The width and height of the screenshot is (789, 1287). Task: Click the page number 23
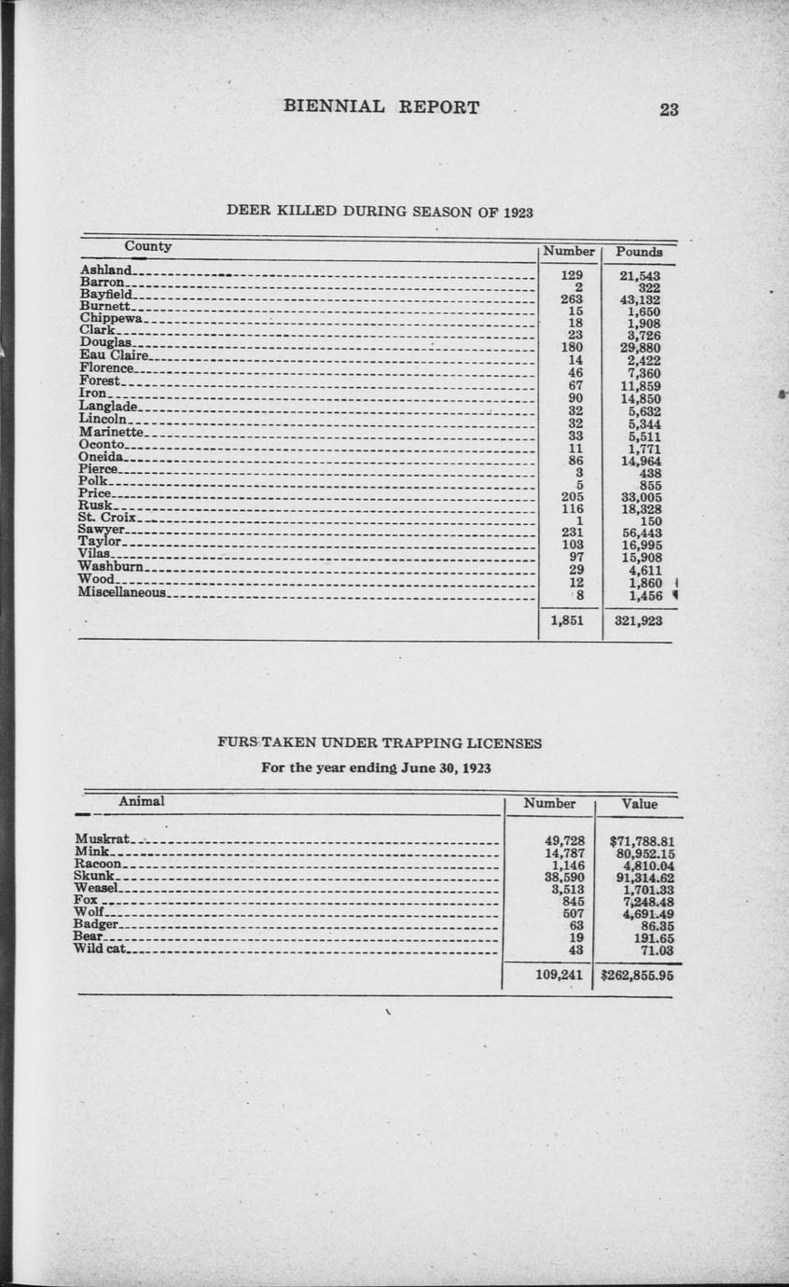669,109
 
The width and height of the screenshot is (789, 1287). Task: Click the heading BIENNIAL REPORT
381,107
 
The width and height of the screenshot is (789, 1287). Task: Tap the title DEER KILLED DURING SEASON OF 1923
380,211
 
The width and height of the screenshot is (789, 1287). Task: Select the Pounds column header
639,252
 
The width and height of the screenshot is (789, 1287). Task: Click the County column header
148,246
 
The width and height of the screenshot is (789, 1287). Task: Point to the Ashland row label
106,270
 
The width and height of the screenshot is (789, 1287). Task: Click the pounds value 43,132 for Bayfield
640,300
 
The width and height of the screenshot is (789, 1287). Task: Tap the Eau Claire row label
114,355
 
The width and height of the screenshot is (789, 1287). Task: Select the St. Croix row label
107,518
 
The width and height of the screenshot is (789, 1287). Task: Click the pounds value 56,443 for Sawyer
642,533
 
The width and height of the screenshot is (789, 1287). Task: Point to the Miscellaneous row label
121,592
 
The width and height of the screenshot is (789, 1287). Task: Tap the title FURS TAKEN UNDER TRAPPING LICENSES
380,743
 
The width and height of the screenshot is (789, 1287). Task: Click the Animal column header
142,801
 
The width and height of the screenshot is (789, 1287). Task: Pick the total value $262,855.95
639,976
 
